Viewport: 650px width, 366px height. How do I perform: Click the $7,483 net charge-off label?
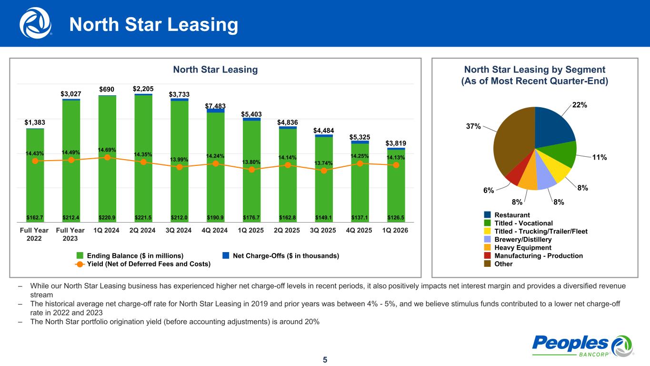(215, 105)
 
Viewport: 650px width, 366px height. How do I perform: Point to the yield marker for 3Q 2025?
(324, 170)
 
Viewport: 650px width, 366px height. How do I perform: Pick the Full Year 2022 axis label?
(35, 234)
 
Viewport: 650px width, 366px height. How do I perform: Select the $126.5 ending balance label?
(396, 217)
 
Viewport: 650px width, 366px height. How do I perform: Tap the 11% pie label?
(599, 158)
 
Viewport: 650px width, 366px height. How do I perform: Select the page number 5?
(325, 360)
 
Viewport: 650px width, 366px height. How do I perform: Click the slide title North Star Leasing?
(154, 25)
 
